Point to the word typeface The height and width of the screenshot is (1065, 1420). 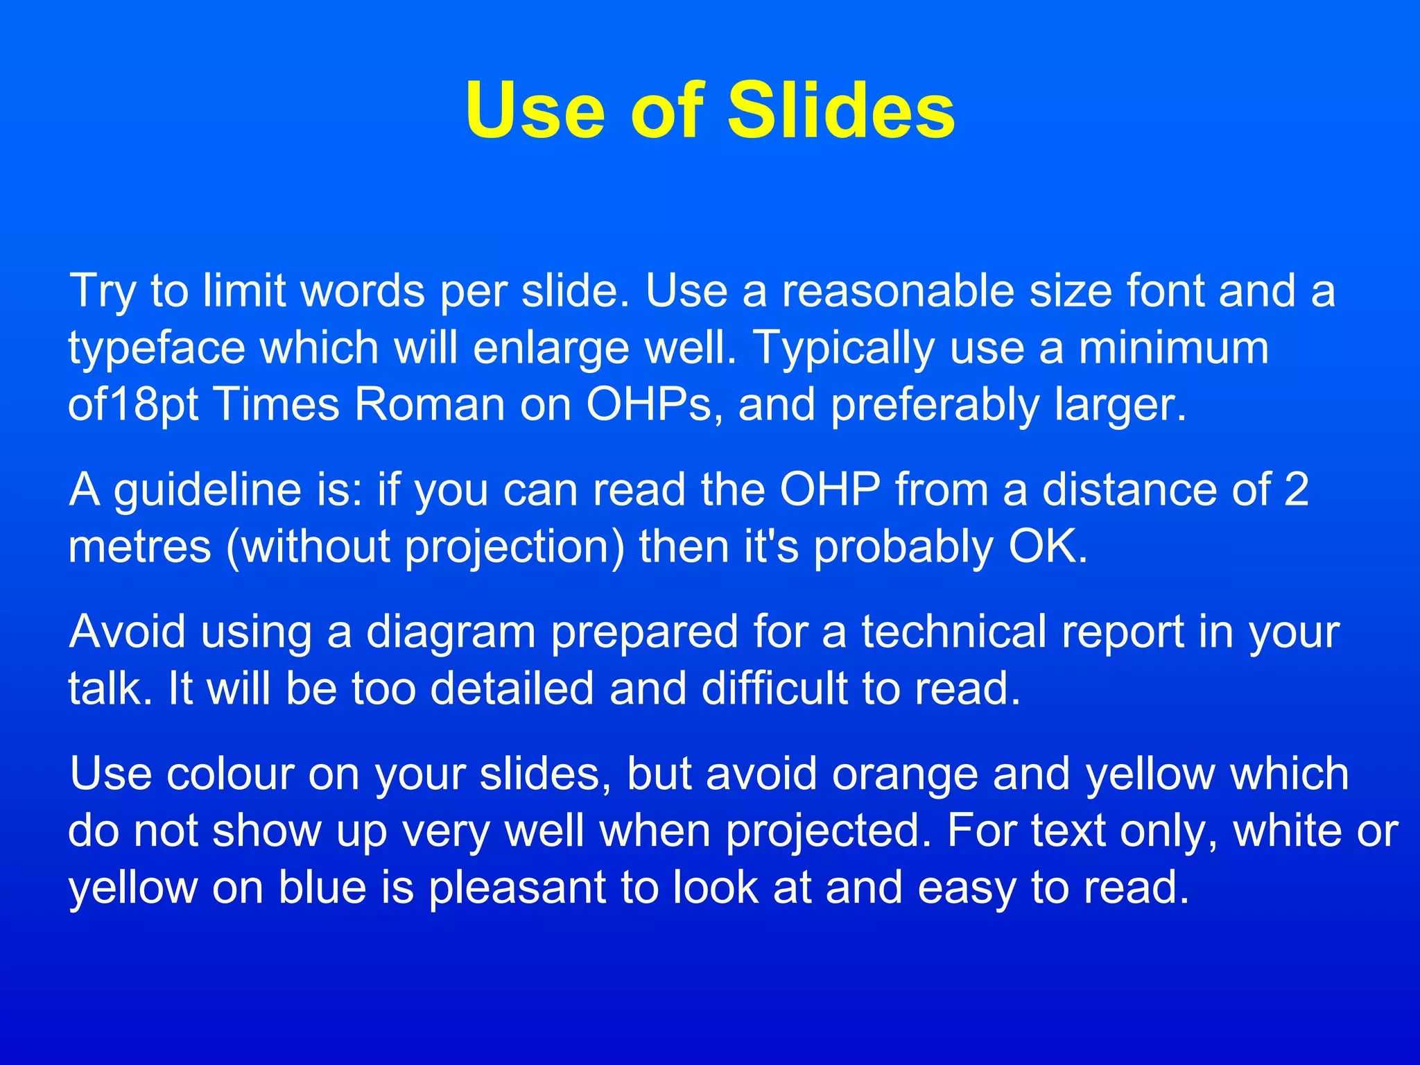(156, 349)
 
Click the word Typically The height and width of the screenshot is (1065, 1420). (844, 349)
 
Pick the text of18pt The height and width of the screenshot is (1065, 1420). (133, 406)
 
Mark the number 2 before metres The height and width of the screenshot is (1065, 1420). (1296, 490)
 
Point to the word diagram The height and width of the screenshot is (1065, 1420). (451, 633)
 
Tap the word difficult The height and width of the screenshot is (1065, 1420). (774, 689)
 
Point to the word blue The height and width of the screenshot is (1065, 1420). (322, 887)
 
